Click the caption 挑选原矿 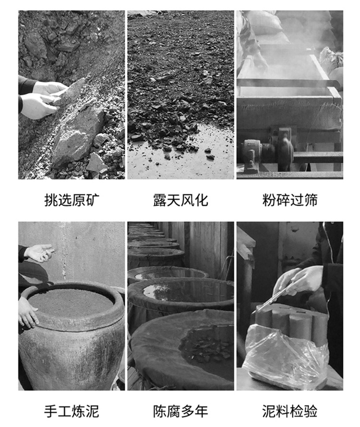click(72, 200)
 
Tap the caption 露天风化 click(180, 200)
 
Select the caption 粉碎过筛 click(290, 200)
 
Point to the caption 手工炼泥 click(72, 411)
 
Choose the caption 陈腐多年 click(180, 411)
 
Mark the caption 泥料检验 click(290, 411)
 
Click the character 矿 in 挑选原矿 click(93, 200)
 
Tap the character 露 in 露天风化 click(160, 200)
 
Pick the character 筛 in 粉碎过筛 click(311, 200)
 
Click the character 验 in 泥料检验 click(311, 411)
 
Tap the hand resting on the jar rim click(27, 312)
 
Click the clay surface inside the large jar click(71, 302)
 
